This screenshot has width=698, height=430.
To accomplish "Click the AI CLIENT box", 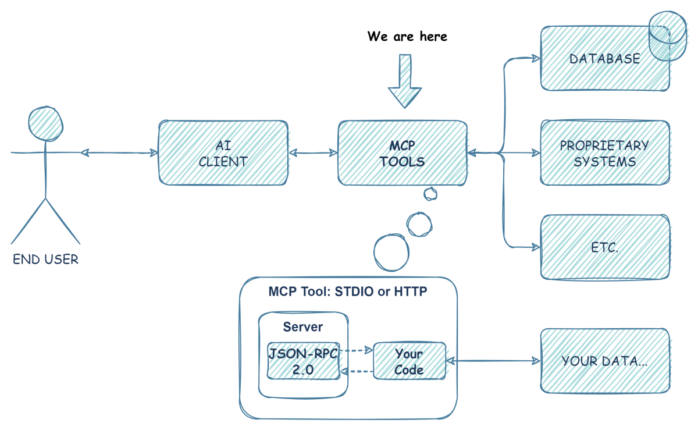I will (223, 154).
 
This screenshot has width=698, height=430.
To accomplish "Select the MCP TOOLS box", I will (402, 154).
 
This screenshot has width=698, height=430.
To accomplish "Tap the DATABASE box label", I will (604, 59).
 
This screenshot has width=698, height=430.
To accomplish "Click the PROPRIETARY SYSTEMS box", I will (604, 153).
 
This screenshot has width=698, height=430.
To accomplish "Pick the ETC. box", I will (604, 247).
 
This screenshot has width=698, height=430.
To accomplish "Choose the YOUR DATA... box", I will (604, 361).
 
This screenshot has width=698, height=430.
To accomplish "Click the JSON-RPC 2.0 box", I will (302, 361).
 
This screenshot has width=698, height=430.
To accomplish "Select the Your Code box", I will (409, 361).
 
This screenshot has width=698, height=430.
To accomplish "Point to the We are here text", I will (407, 36).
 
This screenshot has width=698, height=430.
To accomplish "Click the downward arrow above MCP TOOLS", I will (405, 81).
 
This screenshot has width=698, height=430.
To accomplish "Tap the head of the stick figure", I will (46, 123).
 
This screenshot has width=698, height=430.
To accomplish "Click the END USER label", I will (45, 260).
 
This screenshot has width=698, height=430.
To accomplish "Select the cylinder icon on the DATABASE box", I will (668, 36).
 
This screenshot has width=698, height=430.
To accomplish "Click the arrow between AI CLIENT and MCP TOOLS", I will (314, 153).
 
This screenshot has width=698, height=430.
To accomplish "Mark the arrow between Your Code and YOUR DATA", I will (493, 361).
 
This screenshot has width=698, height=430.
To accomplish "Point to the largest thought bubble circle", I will (391, 253).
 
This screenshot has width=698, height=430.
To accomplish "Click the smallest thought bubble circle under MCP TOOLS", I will (430, 193).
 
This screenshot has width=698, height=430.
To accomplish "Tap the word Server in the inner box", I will (302, 327).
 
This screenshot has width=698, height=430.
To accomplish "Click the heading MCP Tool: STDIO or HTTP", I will (348, 292).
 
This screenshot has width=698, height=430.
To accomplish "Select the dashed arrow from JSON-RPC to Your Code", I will (355, 350).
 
